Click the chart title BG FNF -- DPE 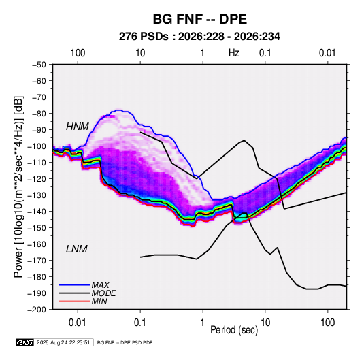coord(199,19)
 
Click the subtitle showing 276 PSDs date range coord(199,37)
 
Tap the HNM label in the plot coord(78,127)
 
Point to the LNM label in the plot coord(77,249)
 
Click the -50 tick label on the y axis coord(39,65)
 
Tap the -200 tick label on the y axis coord(37,310)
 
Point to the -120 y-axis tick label coord(37,179)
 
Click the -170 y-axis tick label coord(37,261)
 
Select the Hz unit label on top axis coord(234,53)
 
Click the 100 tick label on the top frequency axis coord(78,53)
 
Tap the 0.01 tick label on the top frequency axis coord(327,53)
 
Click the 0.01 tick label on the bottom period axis coord(78,323)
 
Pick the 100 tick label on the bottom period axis coord(327,323)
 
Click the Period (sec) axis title coord(234,330)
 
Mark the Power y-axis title coord(18,186)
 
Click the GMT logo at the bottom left coord(24,342)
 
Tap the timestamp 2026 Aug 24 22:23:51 coord(63,342)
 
